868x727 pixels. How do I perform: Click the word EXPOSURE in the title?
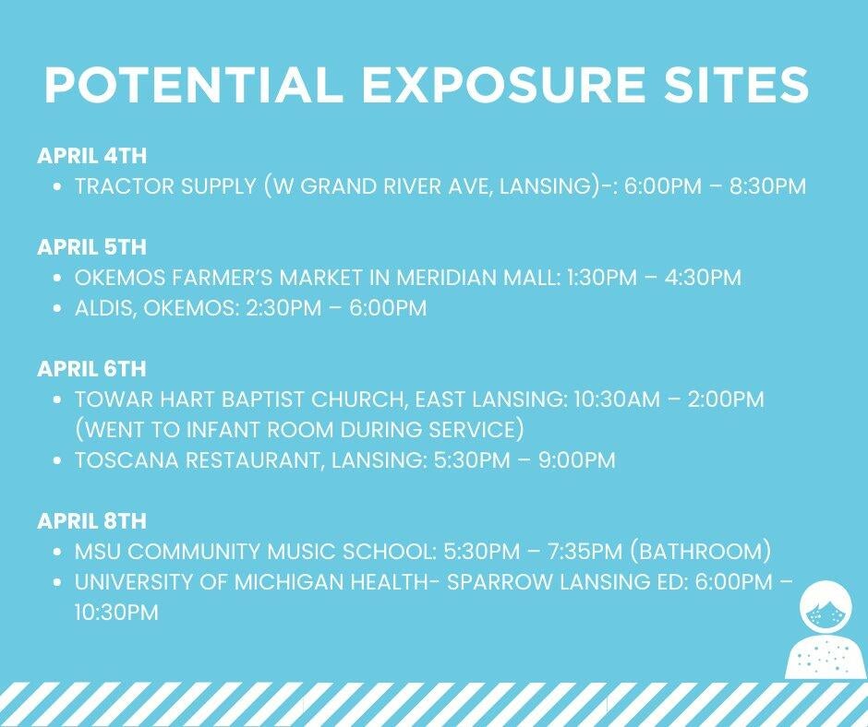point(504,85)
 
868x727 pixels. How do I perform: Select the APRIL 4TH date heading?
point(92,156)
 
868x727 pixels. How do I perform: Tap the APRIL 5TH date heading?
point(92,246)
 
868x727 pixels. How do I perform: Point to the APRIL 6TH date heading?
point(92,368)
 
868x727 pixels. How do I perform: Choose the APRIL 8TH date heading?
point(92,520)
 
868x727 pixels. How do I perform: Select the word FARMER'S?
point(223,277)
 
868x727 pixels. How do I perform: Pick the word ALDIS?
point(104,308)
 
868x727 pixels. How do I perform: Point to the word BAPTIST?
point(263,399)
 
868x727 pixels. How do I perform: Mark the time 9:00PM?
point(577,460)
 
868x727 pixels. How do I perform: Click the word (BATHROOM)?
point(700,552)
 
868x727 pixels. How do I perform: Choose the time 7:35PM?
point(585,552)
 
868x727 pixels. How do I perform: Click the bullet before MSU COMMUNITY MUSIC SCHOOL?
point(57,552)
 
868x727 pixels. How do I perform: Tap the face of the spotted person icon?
point(826,613)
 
